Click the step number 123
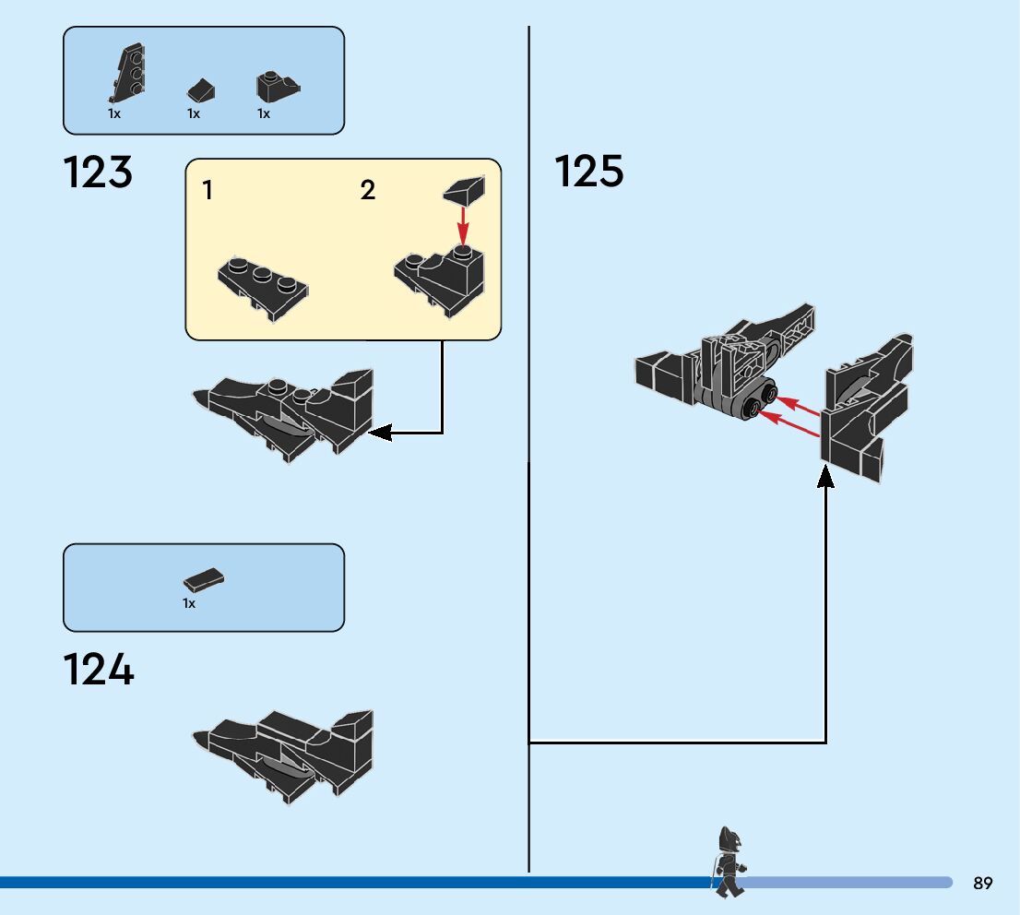(98, 173)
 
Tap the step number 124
(98, 671)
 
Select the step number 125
(588, 172)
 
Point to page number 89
(982, 883)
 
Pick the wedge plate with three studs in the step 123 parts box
(127, 74)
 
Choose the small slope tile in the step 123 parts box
(201, 91)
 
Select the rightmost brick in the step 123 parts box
(275, 87)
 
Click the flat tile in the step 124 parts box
(204, 579)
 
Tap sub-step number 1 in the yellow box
(208, 191)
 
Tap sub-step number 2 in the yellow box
(368, 191)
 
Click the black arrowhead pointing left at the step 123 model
(379, 431)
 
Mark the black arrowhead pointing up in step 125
(825, 476)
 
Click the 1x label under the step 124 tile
(189, 603)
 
